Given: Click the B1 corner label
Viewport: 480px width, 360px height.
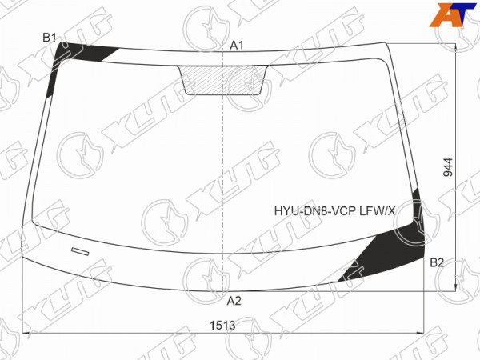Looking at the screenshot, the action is pyautogui.click(x=49, y=38).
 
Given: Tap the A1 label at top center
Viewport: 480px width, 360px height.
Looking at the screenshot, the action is pyautogui.click(x=237, y=46).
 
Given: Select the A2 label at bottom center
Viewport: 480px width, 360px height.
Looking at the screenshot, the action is pyautogui.click(x=234, y=302).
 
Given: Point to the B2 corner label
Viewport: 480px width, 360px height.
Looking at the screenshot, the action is pyautogui.click(x=437, y=262).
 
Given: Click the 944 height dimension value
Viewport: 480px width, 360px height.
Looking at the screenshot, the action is pyautogui.click(x=448, y=167).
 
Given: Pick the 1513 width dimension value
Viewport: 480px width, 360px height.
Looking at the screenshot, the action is pyautogui.click(x=222, y=325).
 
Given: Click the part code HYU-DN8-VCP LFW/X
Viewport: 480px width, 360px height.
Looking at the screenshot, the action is pyautogui.click(x=335, y=211).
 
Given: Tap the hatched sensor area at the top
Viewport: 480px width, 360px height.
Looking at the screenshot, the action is pyautogui.click(x=223, y=79).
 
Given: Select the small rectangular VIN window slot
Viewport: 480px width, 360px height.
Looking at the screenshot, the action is pyautogui.click(x=80, y=251).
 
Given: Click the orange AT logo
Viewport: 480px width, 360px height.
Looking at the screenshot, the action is pyautogui.click(x=452, y=14).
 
